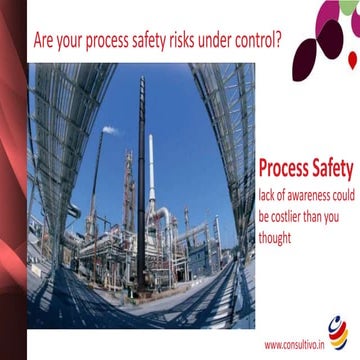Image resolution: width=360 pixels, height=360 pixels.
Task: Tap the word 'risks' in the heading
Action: pyautogui.click(x=192, y=44)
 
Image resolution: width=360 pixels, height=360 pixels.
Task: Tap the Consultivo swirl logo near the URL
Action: pyautogui.click(x=338, y=329)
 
